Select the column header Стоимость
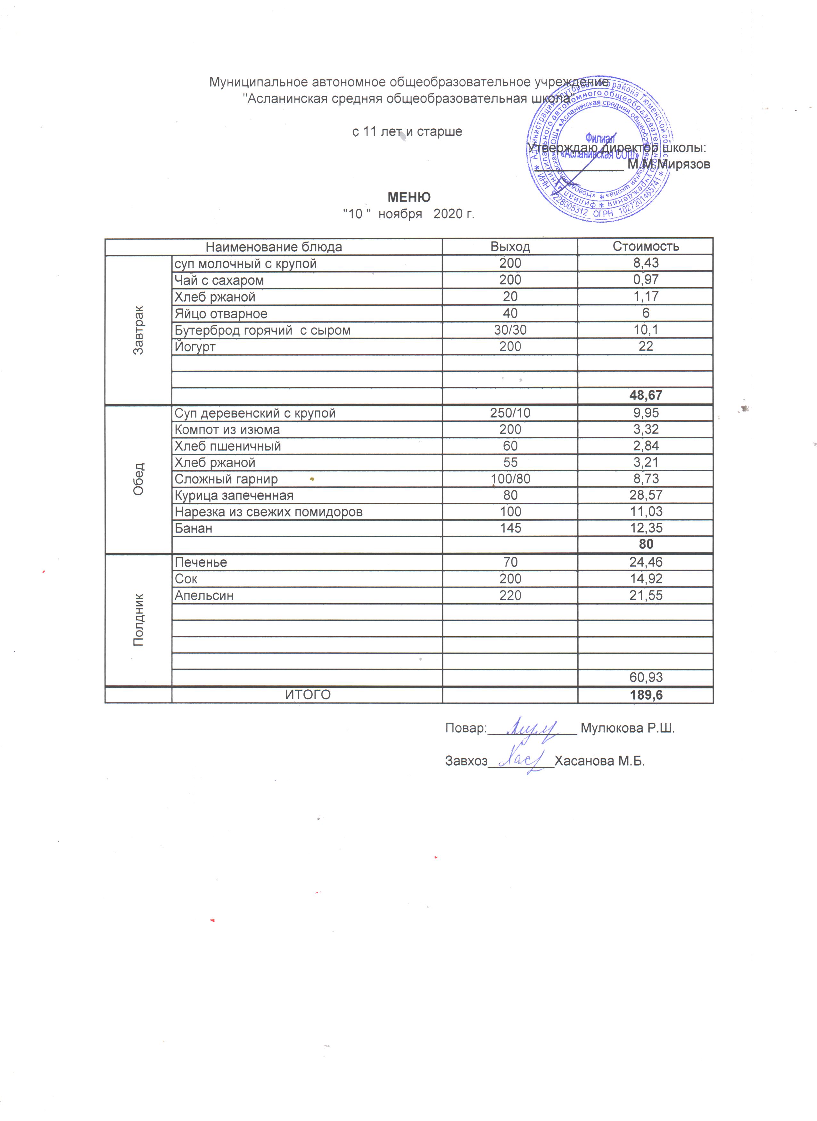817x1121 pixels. point(645,246)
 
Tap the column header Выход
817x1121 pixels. point(510,247)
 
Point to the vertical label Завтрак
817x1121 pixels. point(138,330)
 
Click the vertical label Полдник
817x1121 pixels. point(138,620)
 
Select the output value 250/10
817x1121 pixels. point(510,413)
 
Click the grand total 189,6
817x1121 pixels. point(646,695)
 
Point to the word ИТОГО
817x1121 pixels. point(308,695)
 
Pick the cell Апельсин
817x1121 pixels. point(204,596)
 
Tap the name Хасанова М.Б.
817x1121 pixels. point(599,761)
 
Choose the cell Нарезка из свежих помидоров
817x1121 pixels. point(268,512)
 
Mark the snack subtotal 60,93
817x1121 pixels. point(646,678)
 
